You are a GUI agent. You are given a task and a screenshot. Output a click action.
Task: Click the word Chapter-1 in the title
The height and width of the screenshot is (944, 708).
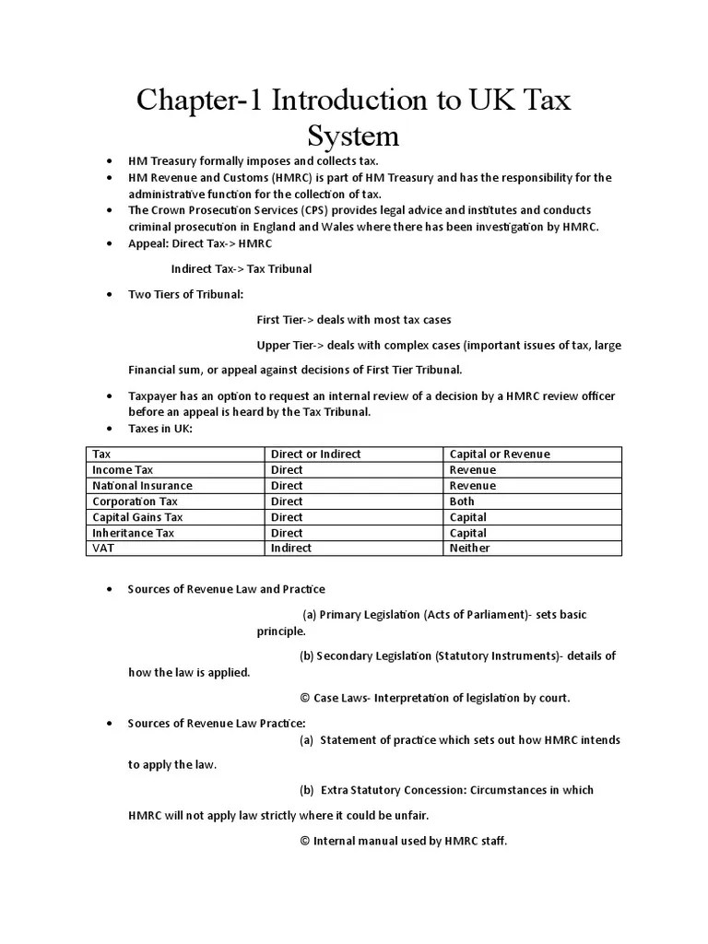[x=200, y=100]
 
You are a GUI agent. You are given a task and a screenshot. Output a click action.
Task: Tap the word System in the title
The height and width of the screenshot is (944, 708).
[x=353, y=136]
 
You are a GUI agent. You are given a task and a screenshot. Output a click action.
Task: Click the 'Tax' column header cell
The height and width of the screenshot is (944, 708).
[x=101, y=454]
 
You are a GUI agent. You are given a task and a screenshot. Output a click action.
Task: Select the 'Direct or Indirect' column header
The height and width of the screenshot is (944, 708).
[x=315, y=454]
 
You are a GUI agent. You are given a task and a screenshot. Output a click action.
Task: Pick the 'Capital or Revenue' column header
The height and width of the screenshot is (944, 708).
[x=500, y=454]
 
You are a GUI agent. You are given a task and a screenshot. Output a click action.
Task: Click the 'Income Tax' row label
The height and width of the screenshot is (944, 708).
[x=123, y=469]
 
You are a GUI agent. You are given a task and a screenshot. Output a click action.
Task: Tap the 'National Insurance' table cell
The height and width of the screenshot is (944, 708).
[x=142, y=485]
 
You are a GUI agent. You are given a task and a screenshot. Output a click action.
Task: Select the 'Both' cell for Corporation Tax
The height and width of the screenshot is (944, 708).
[x=462, y=501]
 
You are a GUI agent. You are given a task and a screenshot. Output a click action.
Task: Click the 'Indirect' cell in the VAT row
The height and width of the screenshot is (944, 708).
[x=290, y=548]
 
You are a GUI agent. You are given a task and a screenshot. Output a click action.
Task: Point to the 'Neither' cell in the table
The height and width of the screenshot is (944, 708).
[x=469, y=548]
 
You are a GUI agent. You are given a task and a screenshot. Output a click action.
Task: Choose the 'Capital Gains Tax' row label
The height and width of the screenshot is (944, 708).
[x=137, y=516]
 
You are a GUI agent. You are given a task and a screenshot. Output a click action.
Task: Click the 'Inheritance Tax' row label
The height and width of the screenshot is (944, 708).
[x=133, y=532]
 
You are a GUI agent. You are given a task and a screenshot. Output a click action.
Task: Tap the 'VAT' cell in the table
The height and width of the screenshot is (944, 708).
[x=103, y=548]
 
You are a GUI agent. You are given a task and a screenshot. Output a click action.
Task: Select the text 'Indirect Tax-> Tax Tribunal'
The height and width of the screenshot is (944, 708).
[x=242, y=268]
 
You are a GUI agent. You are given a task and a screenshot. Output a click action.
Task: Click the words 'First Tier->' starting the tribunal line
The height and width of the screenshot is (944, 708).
[x=285, y=320]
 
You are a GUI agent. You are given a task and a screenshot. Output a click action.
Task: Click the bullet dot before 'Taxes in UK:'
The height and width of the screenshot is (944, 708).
[x=110, y=429]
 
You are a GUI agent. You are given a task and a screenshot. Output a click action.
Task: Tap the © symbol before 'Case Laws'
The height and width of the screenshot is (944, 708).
[x=305, y=698]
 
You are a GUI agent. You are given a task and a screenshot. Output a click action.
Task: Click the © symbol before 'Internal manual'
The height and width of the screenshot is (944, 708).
[x=305, y=841]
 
